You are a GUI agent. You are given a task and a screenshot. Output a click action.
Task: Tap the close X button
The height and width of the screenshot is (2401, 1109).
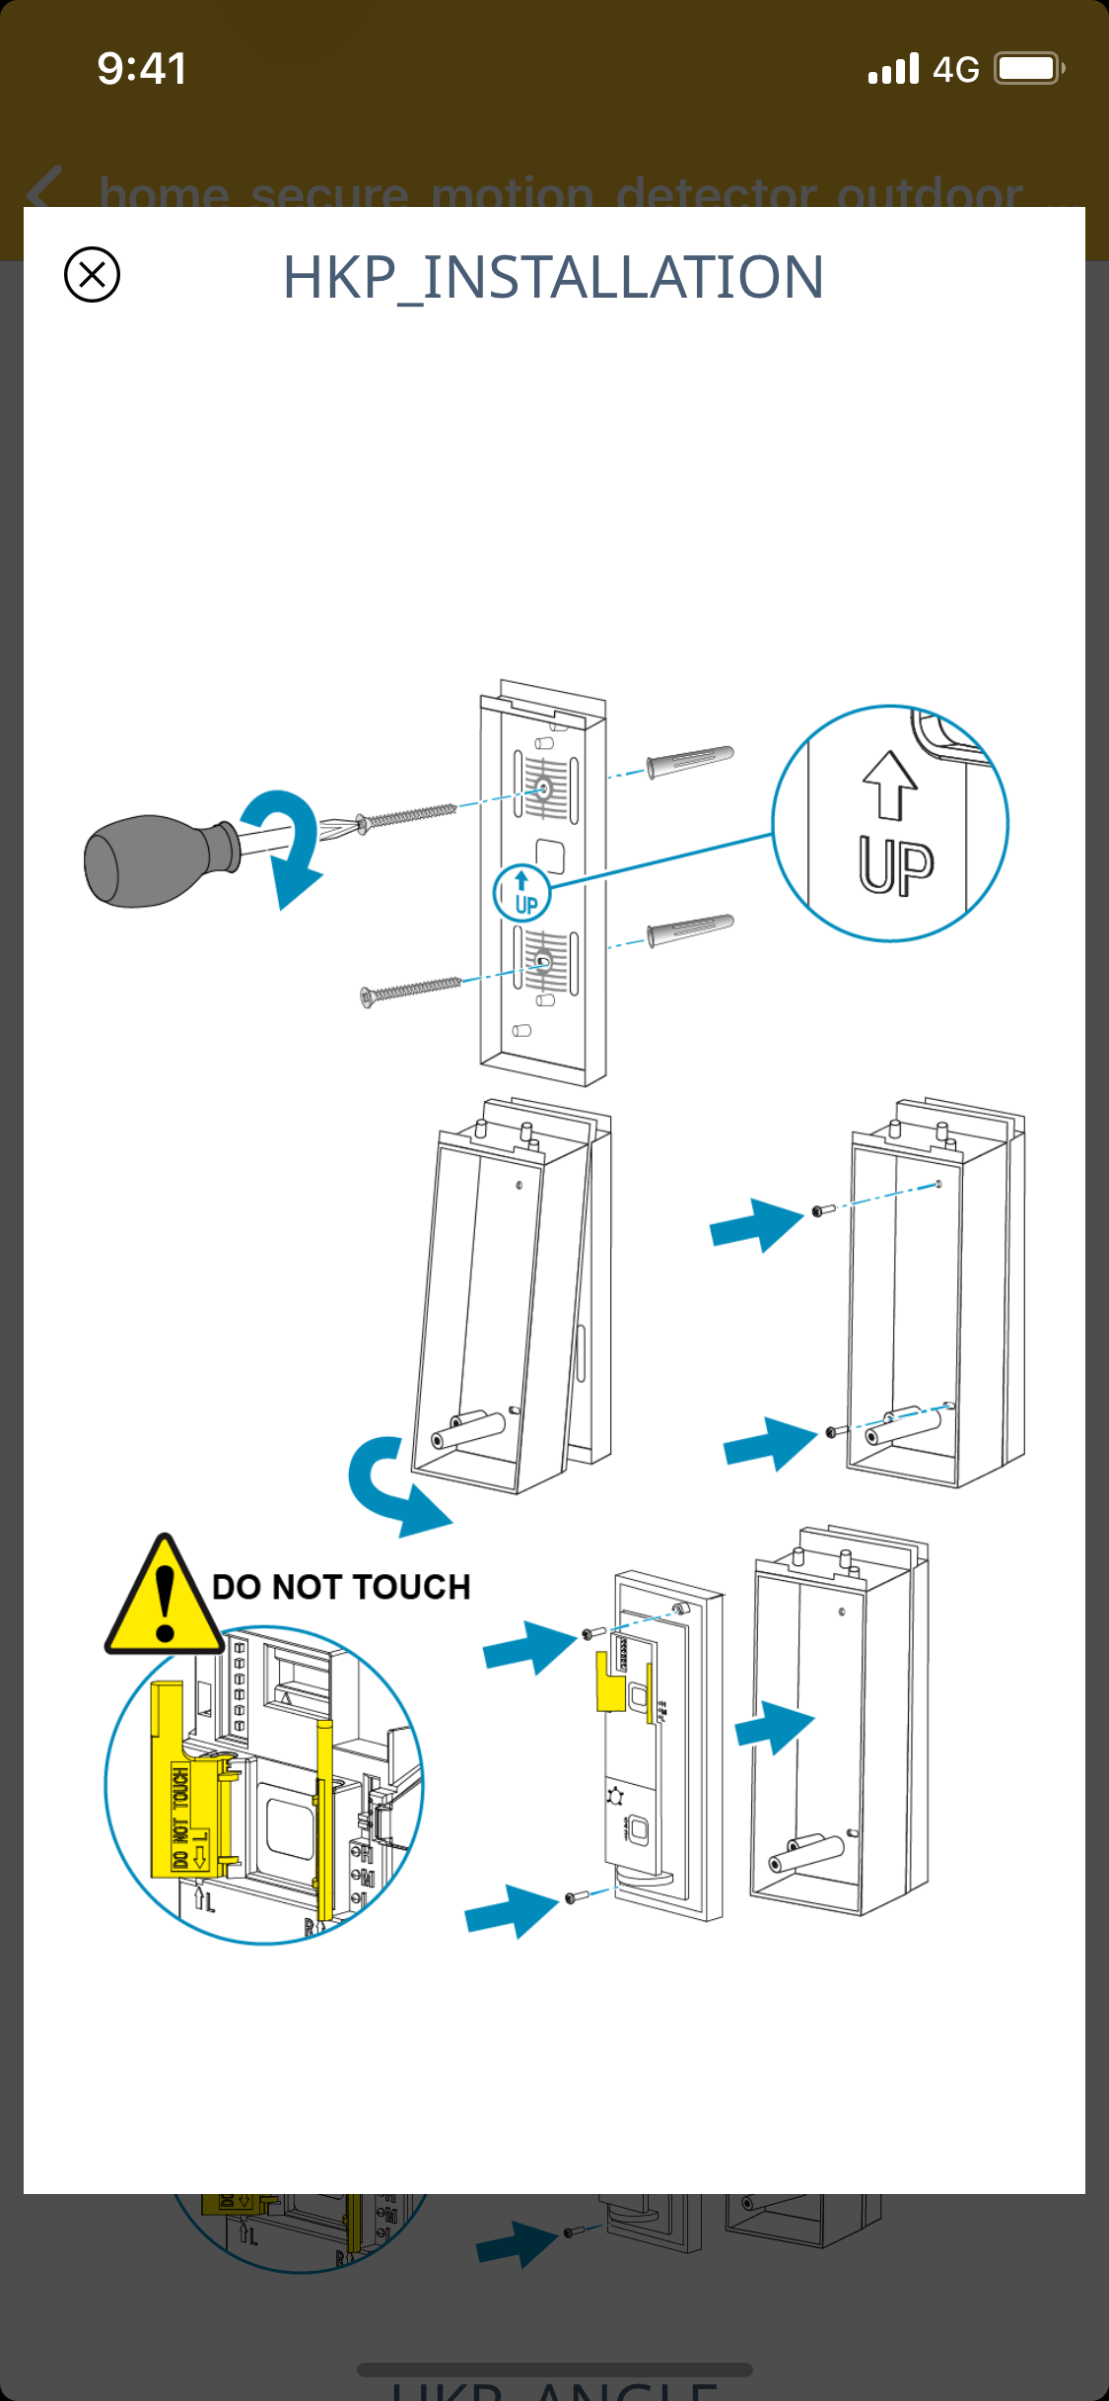point(92,274)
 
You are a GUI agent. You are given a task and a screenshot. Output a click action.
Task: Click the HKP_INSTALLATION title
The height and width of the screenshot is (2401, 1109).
point(553,277)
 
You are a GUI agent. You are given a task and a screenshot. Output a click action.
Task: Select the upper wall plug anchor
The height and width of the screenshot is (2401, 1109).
point(690,760)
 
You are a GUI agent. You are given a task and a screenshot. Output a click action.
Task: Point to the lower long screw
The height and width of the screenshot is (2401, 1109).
point(411,990)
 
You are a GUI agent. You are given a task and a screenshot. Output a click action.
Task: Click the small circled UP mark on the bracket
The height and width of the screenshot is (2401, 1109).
point(521,893)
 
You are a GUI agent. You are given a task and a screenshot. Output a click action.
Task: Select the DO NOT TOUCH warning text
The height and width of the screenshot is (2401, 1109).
point(341,1587)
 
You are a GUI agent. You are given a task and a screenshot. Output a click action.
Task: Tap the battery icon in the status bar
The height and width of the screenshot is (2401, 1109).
point(1028,69)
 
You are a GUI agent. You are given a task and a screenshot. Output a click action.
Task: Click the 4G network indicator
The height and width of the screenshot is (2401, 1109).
point(955,70)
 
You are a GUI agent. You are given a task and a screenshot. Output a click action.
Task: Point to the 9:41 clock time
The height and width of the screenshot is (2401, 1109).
point(142,69)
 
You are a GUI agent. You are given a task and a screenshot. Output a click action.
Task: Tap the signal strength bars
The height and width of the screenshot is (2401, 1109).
point(893,70)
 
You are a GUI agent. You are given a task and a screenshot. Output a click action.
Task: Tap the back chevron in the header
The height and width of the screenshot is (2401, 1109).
point(44,190)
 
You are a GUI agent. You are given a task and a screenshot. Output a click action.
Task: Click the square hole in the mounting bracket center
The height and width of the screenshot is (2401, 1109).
point(550,855)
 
